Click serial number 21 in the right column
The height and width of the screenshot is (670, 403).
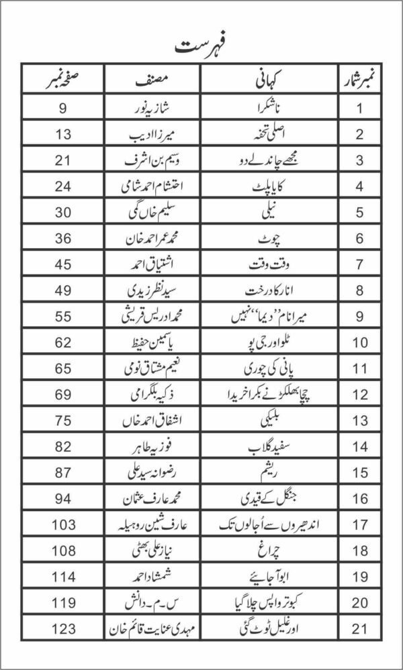[x=359, y=630]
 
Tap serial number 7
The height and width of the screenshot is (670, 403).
[x=359, y=264]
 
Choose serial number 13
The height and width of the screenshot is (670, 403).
[x=359, y=421]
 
